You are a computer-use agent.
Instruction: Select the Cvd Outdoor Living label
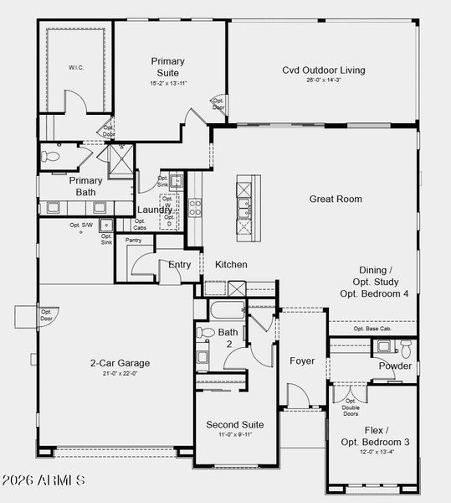point(323,70)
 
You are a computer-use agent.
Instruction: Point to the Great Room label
point(336,199)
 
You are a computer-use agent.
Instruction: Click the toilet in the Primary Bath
point(53,156)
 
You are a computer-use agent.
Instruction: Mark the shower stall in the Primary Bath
point(124,159)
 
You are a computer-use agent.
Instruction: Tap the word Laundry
point(155,210)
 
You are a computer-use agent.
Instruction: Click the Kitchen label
point(231,264)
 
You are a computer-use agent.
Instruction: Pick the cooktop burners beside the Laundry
point(194,208)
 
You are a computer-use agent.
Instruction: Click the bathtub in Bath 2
point(227,311)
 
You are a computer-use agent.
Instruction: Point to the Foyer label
point(302,360)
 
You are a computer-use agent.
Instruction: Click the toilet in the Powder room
point(406,347)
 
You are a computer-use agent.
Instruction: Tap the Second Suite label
point(234,424)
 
